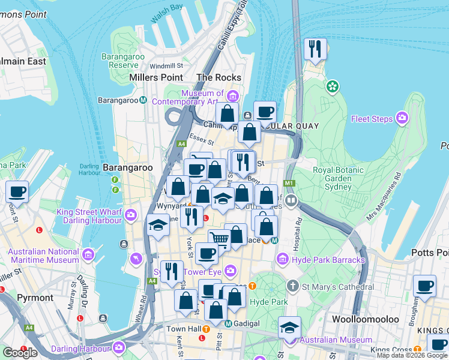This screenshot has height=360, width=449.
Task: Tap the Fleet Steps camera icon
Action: click(x=402, y=118)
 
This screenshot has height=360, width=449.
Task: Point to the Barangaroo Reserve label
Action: click(x=120, y=61)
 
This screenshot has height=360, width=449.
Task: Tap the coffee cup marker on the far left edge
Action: click(x=17, y=192)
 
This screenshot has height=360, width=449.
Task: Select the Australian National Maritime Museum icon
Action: click(x=89, y=256)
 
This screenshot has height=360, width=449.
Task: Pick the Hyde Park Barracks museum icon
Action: click(x=282, y=259)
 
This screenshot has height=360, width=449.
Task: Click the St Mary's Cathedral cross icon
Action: click(x=292, y=284)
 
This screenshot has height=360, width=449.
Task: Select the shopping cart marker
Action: click(x=220, y=239)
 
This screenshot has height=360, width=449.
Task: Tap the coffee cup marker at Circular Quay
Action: click(x=265, y=111)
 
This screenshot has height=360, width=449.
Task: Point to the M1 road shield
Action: click(x=290, y=183)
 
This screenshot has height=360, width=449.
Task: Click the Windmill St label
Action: click(x=166, y=66)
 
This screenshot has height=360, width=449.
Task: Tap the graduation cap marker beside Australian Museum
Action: click(x=290, y=328)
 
